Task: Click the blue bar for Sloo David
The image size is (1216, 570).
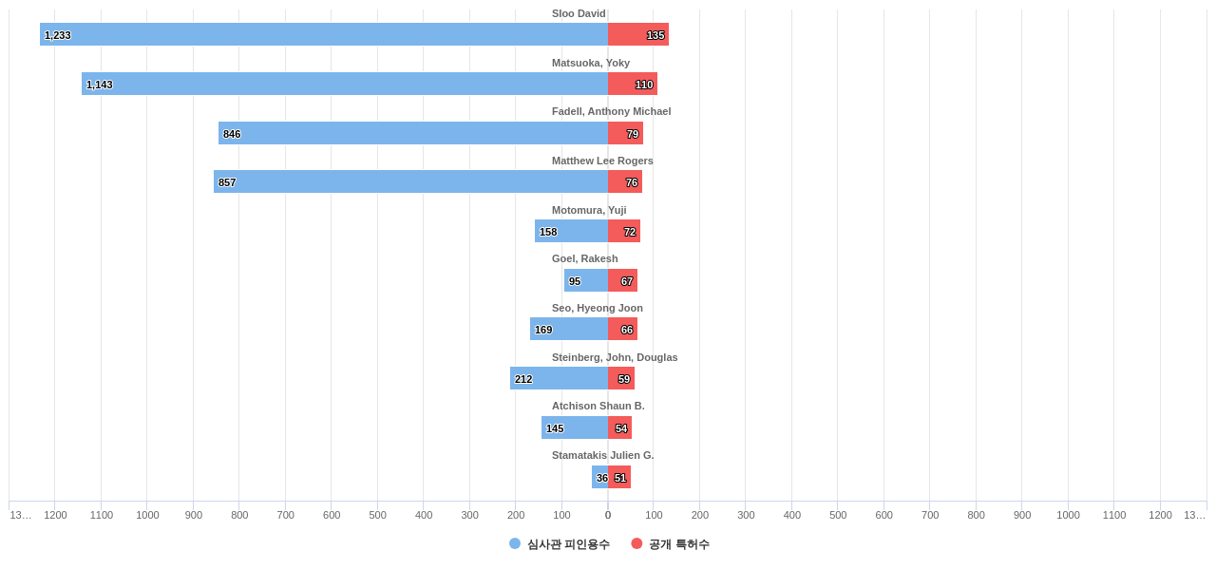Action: pyautogui.click(x=323, y=34)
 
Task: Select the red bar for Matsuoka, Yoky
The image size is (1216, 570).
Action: pyautogui.click(x=632, y=84)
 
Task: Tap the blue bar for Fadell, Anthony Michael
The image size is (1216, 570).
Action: pyautogui.click(x=413, y=133)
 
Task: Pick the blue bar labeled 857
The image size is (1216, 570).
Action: pyautogui.click(x=410, y=181)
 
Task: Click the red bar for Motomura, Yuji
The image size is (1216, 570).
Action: pyautogui.click(x=623, y=231)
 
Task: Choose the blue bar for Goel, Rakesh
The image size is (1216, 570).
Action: pyautogui.click(x=586, y=280)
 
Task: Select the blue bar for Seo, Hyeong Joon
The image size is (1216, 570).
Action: pyautogui.click(x=569, y=329)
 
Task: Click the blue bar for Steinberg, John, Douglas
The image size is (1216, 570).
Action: pyautogui.click(x=559, y=378)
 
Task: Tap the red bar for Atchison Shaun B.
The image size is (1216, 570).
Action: pyautogui.click(x=619, y=427)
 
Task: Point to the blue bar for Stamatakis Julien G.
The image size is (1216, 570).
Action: pyautogui.click(x=599, y=477)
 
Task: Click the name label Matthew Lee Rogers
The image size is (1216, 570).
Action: pyautogui.click(x=602, y=161)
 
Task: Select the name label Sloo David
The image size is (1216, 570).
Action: pyautogui.click(x=579, y=13)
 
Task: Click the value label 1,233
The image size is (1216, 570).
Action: pyautogui.click(x=58, y=35)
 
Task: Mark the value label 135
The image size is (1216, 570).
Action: pyautogui.click(x=655, y=35)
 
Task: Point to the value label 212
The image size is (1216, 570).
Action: pyautogui.click(x=523, y=379)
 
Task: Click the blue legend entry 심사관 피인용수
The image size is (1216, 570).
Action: pyautogui.click(x=560, y=544)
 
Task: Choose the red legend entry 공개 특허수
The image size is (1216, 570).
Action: pyautogui.click(x=671, y=544)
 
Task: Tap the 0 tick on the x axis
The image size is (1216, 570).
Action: pyautogui.click(x=608, y=515)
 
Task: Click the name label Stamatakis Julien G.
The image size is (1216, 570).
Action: pyautogui.click(x=602, y=455)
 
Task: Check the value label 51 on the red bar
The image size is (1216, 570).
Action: pyautogui.click(x=620, y=478)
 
